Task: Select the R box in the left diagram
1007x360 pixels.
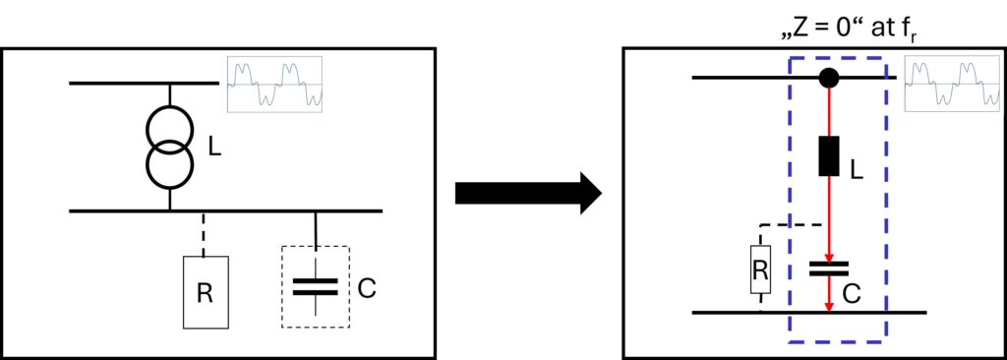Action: coord(206,292)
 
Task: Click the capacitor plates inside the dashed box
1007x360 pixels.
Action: coord(316,286)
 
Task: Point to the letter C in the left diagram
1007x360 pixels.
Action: coord(366,288)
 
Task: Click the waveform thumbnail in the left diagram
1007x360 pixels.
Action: coord(274,85)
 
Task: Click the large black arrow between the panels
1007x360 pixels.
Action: coord(528,192)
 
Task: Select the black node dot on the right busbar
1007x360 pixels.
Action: coord(829,79)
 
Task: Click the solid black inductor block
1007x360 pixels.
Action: coord(829,155)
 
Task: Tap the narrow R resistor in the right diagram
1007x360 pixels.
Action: coord(760,270)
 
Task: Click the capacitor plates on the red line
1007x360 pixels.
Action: coord(829,269)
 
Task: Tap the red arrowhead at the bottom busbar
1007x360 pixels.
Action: coord(829,307)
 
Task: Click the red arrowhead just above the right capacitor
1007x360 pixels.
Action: coord(829,256)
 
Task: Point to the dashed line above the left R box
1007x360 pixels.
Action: coord(204,234)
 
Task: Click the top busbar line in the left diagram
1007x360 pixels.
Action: coord(144,84)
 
